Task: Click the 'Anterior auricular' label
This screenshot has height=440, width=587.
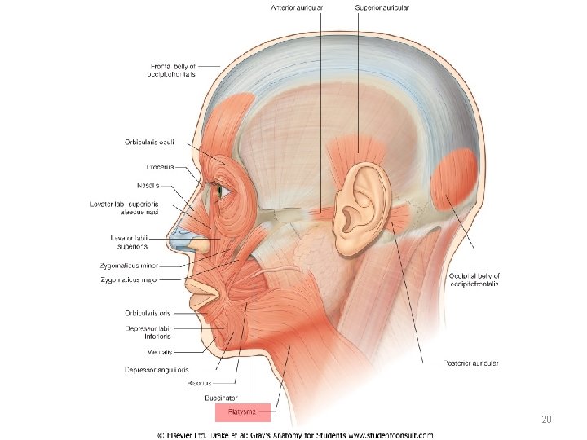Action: coord(298,7)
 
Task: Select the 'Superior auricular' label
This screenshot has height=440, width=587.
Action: coord(382,7)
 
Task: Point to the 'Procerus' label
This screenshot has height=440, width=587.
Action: coord(160,167)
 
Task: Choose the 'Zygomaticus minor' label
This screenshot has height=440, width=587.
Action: coord(130,265)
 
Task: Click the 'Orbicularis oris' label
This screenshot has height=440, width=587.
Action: coord(148,313)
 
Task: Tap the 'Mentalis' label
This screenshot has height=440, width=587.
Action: coord(160,353)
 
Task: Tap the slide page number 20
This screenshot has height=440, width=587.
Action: coord(546,420)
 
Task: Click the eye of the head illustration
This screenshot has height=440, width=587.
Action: coord(218,191)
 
